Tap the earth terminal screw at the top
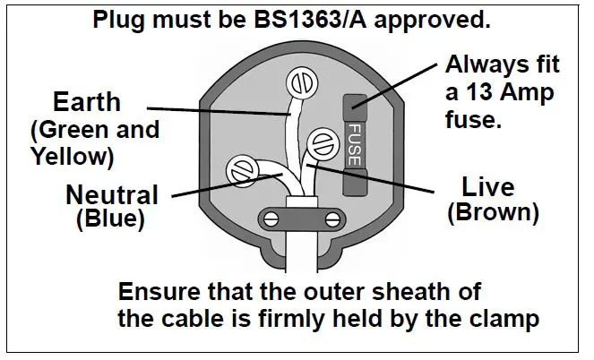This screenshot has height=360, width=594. (300, 86)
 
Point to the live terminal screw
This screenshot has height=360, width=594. (323, 143)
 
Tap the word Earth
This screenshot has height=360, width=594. (86, 101)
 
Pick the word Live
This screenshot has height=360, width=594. (487, 187)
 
